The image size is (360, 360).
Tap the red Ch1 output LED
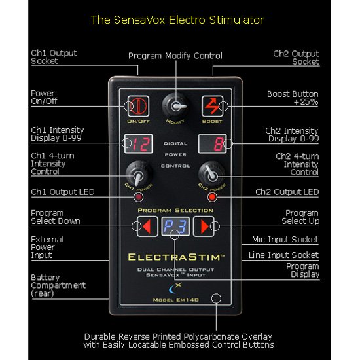pos(138,197)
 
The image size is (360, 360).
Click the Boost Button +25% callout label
pos(293,98)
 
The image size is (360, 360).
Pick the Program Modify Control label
pos(175,56)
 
